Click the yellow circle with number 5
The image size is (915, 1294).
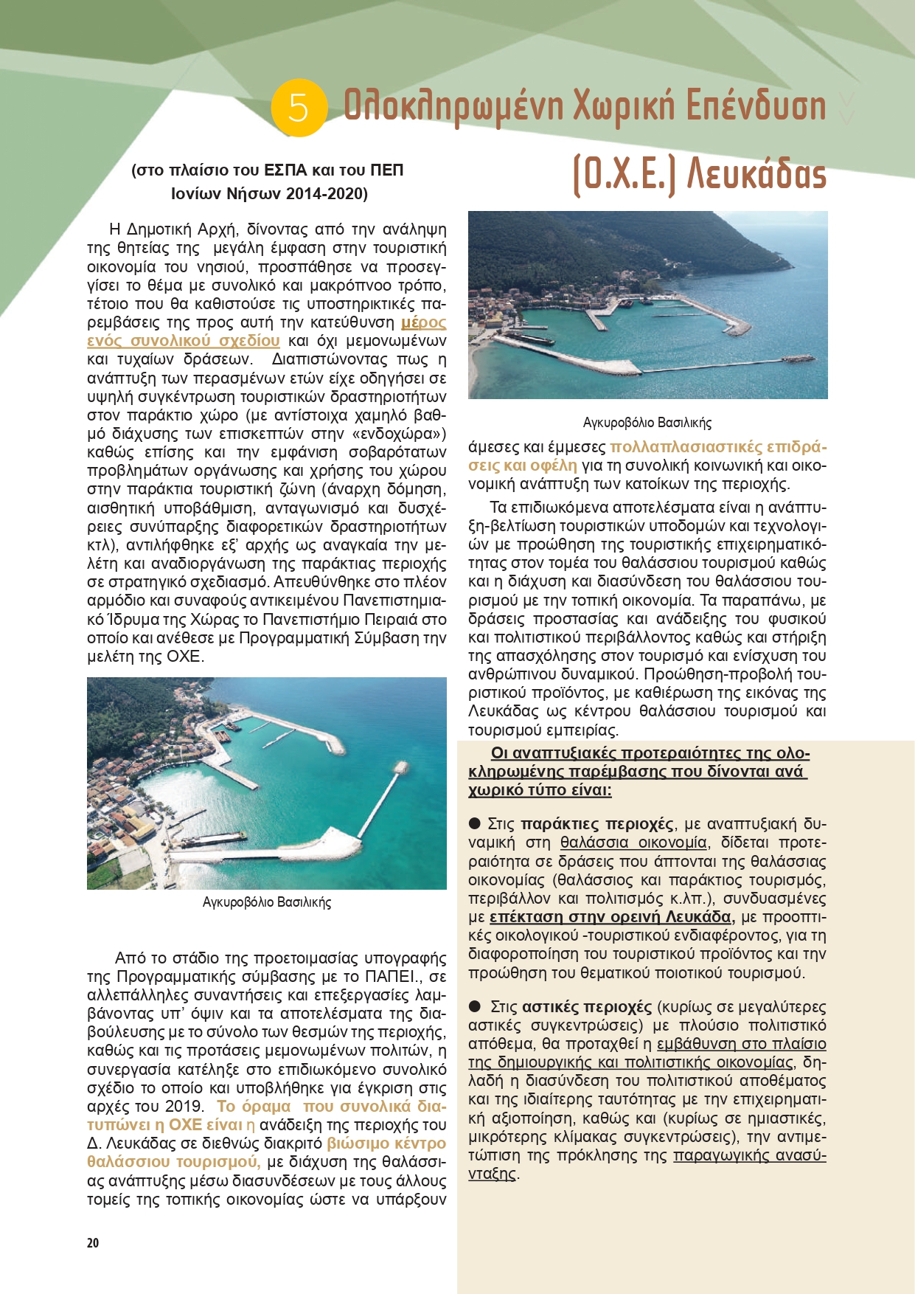click(x=299, y=108)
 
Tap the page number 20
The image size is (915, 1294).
click(x=93, y=1243)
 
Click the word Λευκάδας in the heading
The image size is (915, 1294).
click(x=756, y=175)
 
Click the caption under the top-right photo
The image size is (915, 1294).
click(x=647, y=423)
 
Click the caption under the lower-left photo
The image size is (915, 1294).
click(x=267, y=902)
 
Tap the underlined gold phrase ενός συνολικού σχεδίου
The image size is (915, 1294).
click(x=184, y=341)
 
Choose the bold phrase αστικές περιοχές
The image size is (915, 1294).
click(x=587, y=1007)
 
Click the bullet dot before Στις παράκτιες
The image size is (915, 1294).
click(x=476, y=823)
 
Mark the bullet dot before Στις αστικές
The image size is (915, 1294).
click(x=476, y=1006)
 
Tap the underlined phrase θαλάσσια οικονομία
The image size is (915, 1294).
click(x=633, y=843)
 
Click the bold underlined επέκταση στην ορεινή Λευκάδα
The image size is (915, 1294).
click(x=611, y=917)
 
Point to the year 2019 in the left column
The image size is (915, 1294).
click(x=184, y=1107)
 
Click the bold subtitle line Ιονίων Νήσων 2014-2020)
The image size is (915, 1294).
click(x=269, y=194)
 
